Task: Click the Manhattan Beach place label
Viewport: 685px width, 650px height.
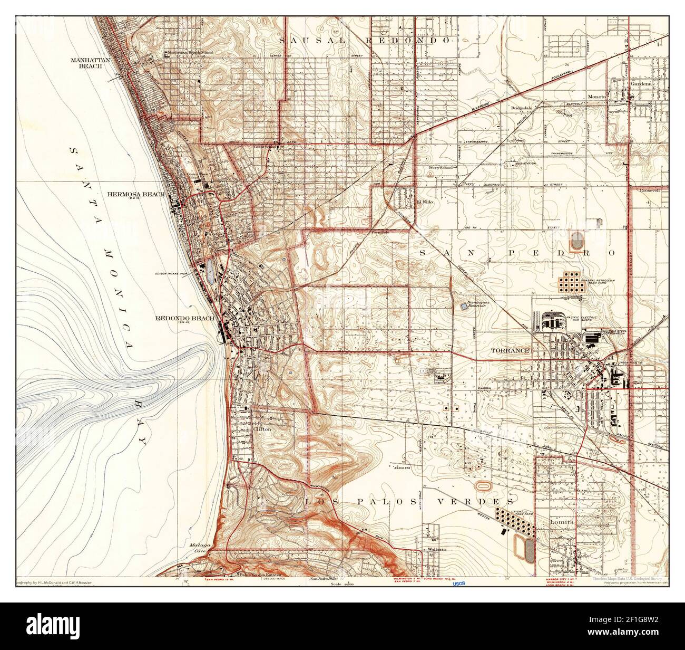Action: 90,63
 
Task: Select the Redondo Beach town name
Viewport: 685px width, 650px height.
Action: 184,318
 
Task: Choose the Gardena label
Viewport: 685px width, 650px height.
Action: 642,83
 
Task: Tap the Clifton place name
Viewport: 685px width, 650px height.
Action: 262,429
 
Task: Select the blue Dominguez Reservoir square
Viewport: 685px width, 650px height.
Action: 464,305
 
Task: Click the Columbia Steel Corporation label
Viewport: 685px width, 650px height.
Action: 611,332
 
